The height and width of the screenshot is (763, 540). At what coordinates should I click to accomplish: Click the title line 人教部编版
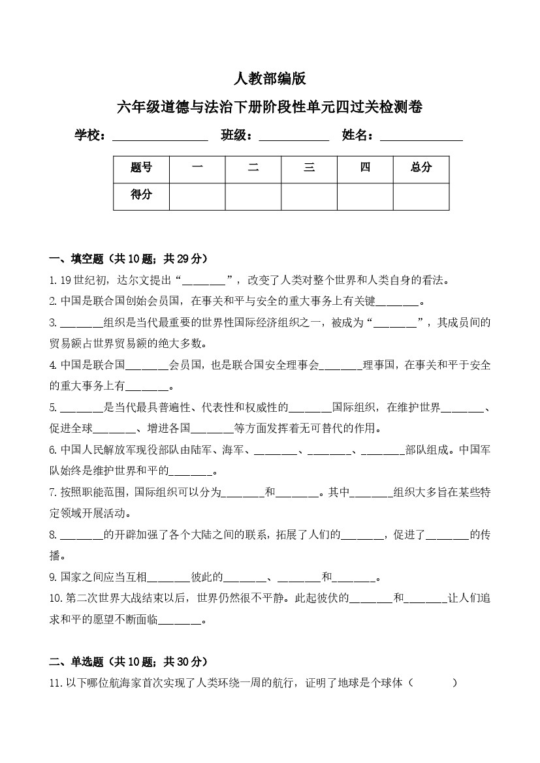point(270,79)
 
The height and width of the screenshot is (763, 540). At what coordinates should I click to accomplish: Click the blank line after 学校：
point(160,137)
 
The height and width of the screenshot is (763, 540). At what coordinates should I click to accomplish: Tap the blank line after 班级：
point(294,137)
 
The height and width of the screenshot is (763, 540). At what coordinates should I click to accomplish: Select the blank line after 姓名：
point(421,137)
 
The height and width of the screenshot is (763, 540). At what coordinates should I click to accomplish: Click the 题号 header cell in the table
point(141,168)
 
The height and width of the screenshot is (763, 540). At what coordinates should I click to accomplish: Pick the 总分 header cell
point(421,168)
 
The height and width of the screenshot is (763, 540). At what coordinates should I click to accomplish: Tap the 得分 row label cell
point(141,196)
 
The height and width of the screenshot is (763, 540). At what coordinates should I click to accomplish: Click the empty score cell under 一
point(197,196)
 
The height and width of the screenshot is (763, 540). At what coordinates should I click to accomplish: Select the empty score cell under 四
point(365,196)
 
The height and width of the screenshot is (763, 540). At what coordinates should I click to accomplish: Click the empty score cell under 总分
point(421,196)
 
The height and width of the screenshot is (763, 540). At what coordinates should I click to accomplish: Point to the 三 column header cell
point(309,168)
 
